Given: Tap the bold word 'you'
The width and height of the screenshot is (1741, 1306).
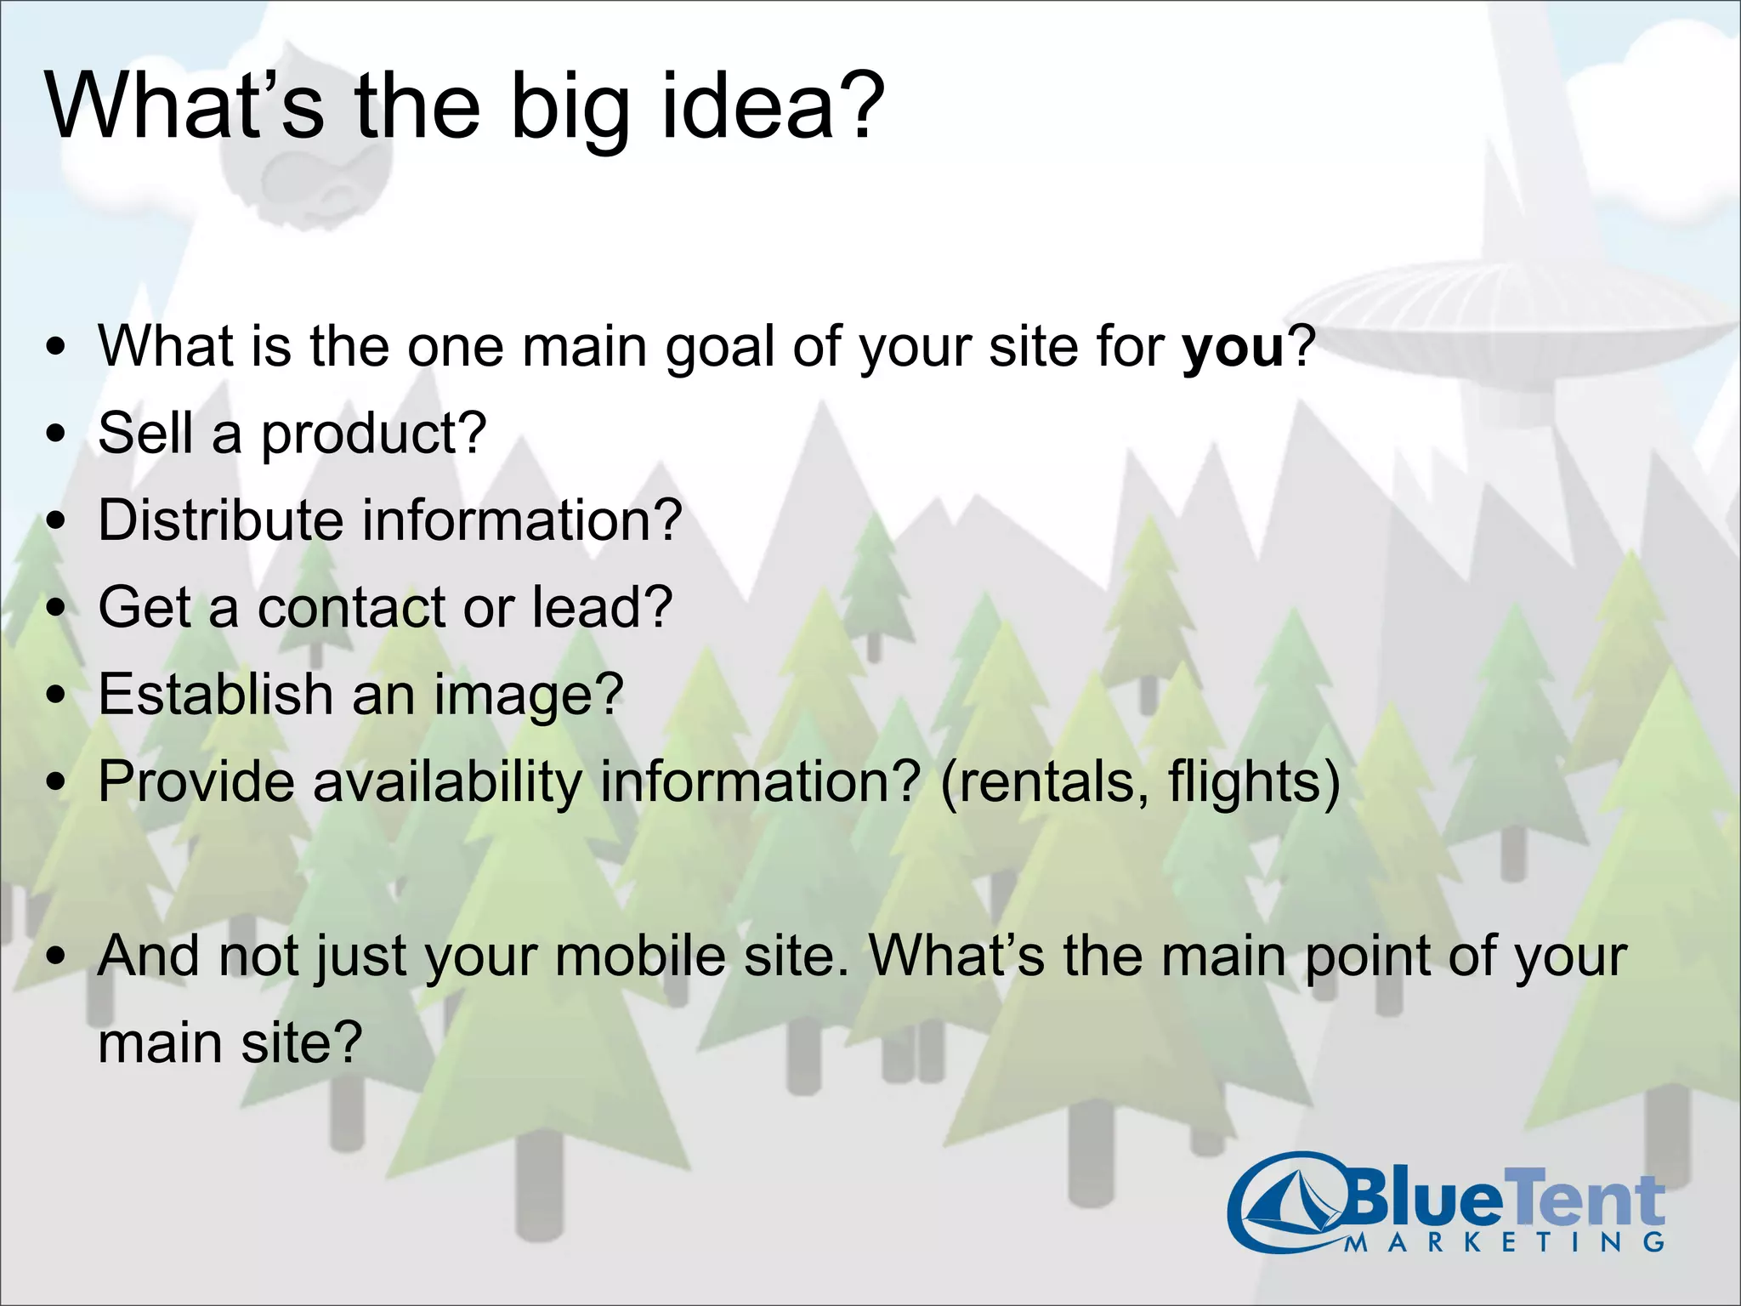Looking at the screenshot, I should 1233,348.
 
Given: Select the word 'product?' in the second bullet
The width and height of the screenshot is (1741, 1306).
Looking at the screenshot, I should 373,434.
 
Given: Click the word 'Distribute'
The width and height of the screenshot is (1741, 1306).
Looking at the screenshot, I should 220,520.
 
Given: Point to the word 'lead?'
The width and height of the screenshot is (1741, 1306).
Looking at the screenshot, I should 602,607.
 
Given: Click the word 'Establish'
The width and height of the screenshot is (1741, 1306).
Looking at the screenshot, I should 215,694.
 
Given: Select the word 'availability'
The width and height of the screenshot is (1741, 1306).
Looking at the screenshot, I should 447,781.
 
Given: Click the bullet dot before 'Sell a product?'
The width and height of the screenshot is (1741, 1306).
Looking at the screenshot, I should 56,434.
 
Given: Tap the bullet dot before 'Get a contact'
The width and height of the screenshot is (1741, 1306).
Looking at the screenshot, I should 56,609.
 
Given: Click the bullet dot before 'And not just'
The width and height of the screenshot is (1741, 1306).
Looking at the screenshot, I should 56,957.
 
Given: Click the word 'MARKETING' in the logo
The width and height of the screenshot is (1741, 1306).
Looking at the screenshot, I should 1505,1242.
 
